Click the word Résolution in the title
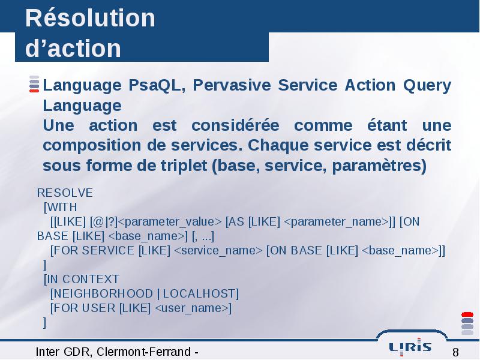[91, 18]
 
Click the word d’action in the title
[73, 48]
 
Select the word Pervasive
[232, 85]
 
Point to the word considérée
[235, 125]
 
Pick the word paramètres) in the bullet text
[379, 166]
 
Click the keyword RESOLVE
[65, 193]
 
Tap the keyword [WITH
[61, 207]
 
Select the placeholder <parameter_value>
[170, 222]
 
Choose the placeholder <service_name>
[218, 251]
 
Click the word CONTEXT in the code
[91, 279]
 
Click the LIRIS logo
[410, 347]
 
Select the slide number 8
[455, 352]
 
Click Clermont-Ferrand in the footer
[143, 352]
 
